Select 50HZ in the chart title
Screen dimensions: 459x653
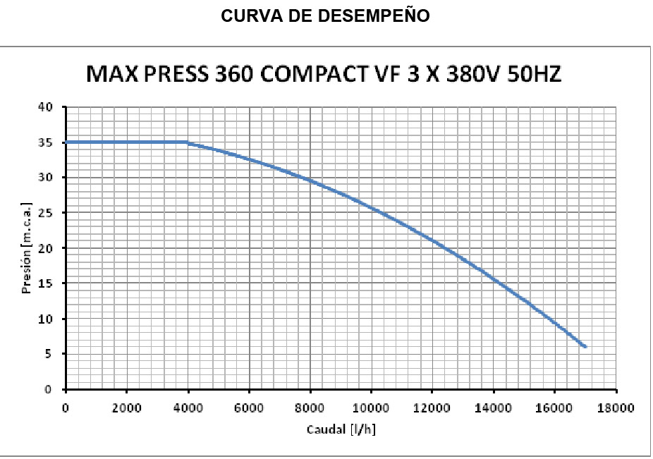(534, 74)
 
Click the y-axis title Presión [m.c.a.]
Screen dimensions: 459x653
(27, 248)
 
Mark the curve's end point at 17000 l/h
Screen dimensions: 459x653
(585, 347)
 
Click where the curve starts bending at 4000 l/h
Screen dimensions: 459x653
(188, 142)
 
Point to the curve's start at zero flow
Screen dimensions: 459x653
(66, 142)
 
